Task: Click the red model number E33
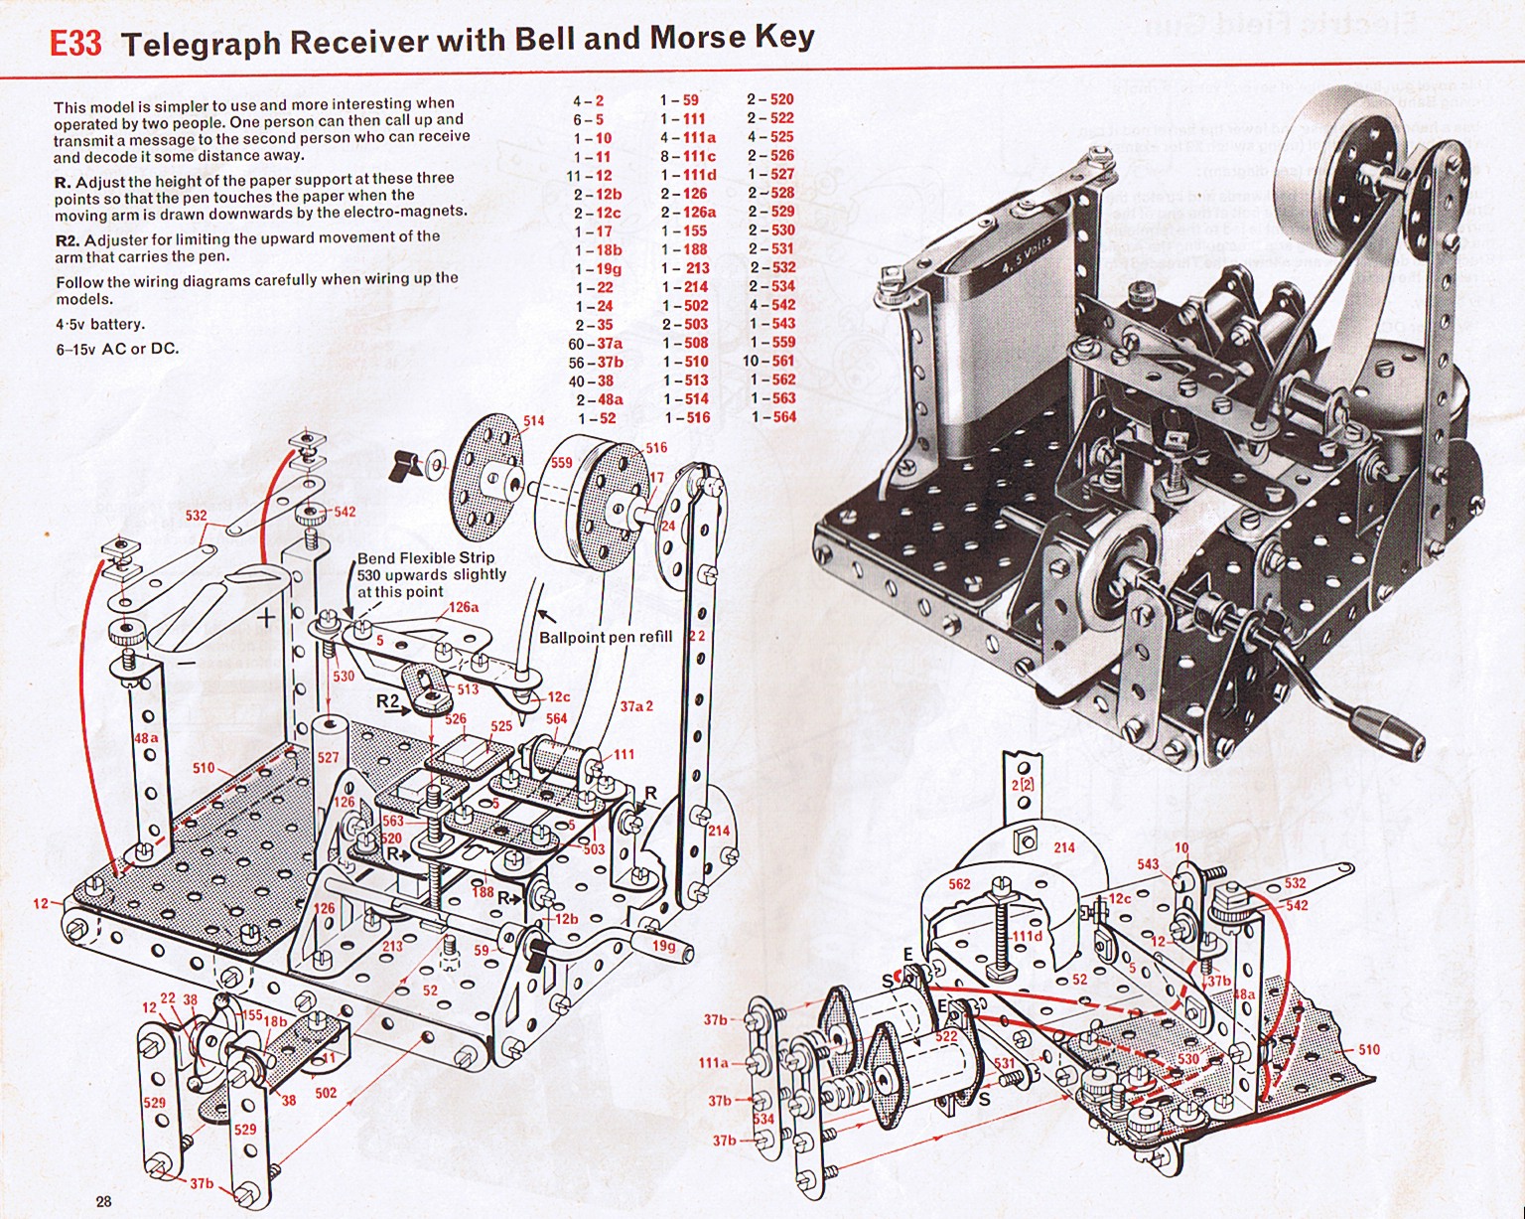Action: click(x=75, y=45)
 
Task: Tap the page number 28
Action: click(x=103, y=1201)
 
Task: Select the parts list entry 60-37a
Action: click(x=596, y=344)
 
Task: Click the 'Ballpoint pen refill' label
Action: click(x=606, y=637)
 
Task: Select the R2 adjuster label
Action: click(x=387, y=701)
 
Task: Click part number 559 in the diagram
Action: click(x=561, y=462)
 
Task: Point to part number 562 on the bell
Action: click(x=959, y=883)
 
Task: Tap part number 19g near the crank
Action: click(x=663, y=947)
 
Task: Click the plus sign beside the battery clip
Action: click(x=266, y=618)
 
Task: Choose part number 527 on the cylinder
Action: click(x=328, y=757)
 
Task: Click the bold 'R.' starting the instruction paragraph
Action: click(x=63, y=179)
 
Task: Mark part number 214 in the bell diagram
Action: click(x=1064, y=847)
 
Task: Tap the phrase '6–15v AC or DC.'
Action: click(x=117, y=349)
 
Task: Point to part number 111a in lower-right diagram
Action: click(x=713, y=1063)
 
